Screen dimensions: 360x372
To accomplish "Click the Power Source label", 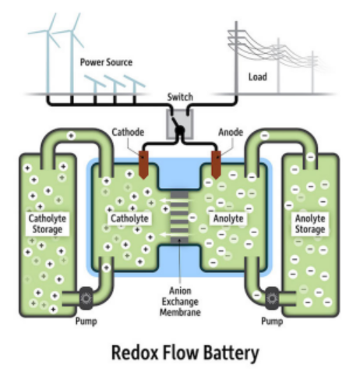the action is tap(106, 62).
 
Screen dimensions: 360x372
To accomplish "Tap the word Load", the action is tap(258, 77).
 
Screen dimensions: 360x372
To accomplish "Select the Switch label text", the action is tap(180, 97).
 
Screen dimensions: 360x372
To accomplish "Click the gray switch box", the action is tap(180, 124).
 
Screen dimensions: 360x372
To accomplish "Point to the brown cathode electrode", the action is tap(143, 165).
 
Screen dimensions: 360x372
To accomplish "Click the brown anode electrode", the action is tap(216, 165).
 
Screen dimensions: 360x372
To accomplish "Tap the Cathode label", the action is tap(128, 133).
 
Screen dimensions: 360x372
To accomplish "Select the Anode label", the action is tap(231, 133).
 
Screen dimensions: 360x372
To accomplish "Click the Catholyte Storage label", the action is tap(48, 224).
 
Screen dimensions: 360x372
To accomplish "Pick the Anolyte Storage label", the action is tap(310, 224).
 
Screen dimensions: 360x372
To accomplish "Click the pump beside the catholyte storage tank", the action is tap(86, 298).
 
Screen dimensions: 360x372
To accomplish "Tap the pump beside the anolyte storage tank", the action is tap(272, 298).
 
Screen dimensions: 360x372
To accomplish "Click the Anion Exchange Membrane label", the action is tap(180, 301).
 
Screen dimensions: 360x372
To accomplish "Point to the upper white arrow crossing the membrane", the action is tap(177, 200).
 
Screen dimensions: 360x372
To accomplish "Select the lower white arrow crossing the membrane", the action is tap(177, 235).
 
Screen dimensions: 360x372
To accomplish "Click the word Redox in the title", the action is tap(135, 353).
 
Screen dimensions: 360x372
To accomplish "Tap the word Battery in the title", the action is tap(231, 353).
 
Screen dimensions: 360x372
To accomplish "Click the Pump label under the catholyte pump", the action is tap(86, 321).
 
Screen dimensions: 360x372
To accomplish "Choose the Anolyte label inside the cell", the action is tap(228, 218).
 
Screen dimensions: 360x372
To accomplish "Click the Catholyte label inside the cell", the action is tap(129, 218).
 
